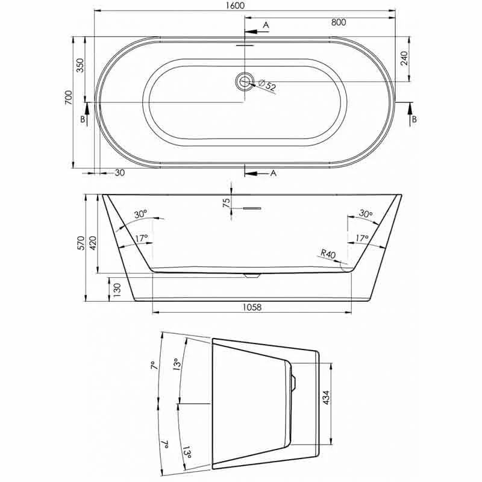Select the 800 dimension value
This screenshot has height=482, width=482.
click(339, 22)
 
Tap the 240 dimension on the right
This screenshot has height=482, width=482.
click(404, 58)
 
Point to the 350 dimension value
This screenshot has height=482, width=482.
click(80, 65)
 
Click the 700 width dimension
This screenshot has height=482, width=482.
click(68, 98)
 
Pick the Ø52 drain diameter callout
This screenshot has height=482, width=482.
click(267, 85)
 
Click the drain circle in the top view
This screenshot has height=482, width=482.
click(245, 81)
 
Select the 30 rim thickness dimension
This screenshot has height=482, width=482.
click(120, 173)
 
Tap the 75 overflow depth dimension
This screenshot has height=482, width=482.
click(227, 203)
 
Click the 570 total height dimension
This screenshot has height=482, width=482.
click(81, 243)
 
